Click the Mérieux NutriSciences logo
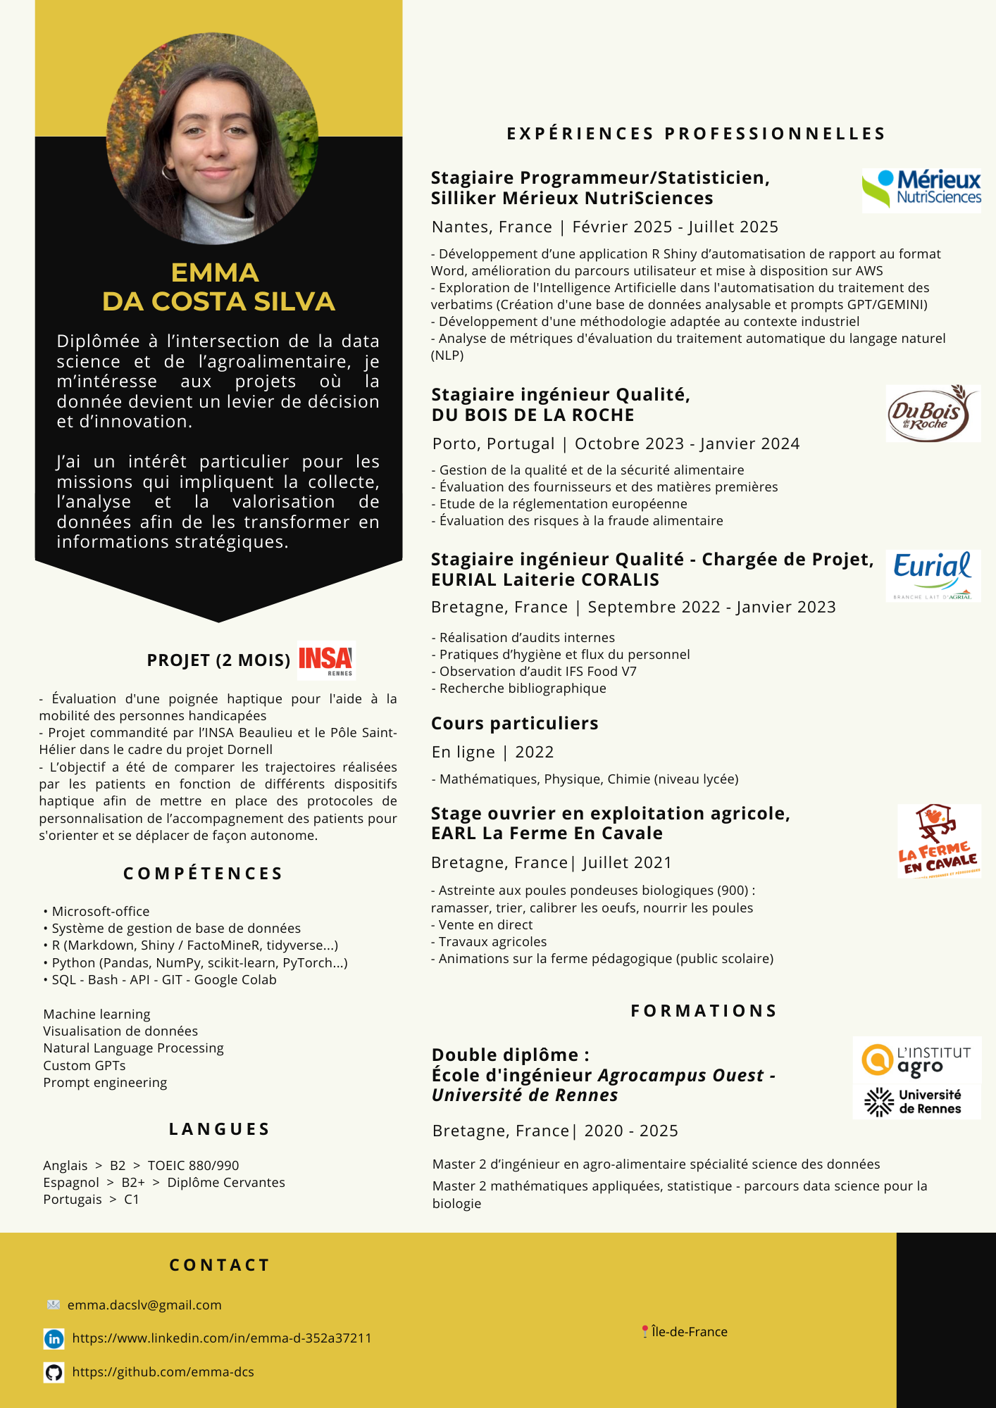click(921, 190)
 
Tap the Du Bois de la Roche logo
click(933, 413)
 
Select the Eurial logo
click(933, 574)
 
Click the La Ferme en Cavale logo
click(938, 841)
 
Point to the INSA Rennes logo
click(326, 660)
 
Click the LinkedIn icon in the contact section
click(54, 1338)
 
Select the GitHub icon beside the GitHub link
click(54, 1372)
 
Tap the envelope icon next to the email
click(54, 1305)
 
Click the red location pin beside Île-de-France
click(645, 1331)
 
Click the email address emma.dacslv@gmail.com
click(144, 1305)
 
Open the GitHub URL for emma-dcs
click(163, 1372)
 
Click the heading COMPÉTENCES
click(203, 874)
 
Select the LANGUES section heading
click(219, 1129)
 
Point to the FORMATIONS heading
click(704, 1011)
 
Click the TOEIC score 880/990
click(214, 1165)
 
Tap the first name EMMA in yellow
click(215, 272)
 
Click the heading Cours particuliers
click(515, 723)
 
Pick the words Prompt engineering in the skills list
click(105, 1082)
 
